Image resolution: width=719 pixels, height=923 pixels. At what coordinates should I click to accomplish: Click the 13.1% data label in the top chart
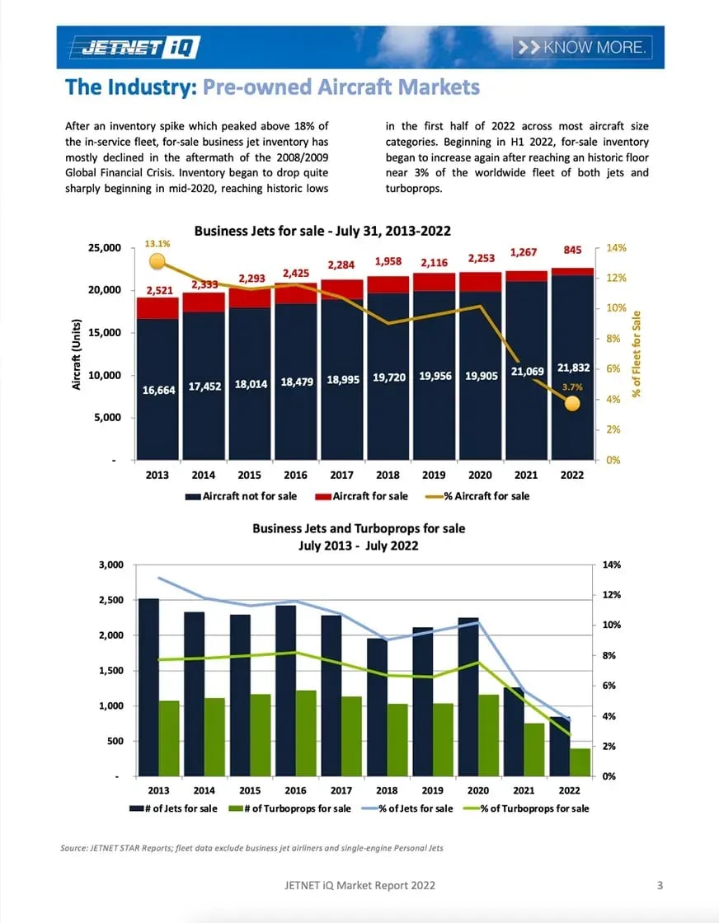pyautogui.click(x=157, y=244)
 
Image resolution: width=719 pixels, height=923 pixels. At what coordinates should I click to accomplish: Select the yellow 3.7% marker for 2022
pyautogui.click(x=572, y=403)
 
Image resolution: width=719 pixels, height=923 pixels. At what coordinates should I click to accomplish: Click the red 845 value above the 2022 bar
pyautogui.click(x=572, y=251)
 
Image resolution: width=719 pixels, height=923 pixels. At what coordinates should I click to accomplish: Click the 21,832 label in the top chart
pyautogui.click(x=572, y=368)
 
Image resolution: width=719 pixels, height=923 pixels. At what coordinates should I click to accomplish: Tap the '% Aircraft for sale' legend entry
pyautogui.click(x=477, y=496)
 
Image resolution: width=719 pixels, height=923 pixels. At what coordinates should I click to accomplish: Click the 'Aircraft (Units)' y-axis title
pyautogui.click(x=76, y=354)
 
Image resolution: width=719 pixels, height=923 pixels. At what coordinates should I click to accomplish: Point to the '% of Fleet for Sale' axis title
pyautogui.click(x=637, y=354)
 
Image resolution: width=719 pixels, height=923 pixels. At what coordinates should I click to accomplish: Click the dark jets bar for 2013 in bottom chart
pyautogui.click(x=148, y=686)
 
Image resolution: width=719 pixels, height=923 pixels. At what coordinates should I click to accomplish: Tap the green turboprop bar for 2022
pyautogui.click(x=580, y=761)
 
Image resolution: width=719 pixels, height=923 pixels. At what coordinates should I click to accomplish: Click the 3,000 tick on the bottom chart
pyautogui.click(x=110, y=565)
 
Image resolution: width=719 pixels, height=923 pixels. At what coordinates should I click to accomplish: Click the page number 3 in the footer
pyautogui.click(x=660, y=886)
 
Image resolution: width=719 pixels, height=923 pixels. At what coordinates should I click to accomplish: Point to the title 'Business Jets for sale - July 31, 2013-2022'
pyautogui.click(x=322, y=232)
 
